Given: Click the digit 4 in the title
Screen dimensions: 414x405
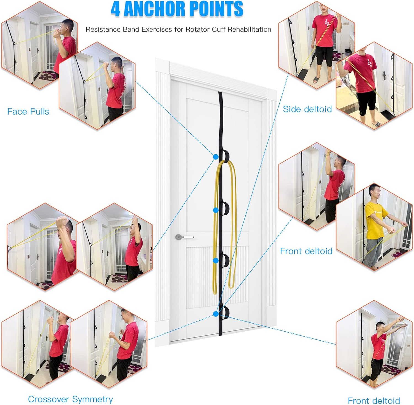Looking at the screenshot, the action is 115,9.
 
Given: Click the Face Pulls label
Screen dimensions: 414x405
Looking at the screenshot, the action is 28,112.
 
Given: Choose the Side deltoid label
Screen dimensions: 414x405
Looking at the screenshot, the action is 307,109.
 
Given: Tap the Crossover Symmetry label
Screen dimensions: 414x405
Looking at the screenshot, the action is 70,399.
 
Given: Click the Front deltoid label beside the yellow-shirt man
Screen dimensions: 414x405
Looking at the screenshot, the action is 306,251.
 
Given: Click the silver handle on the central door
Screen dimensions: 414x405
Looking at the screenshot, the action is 184,237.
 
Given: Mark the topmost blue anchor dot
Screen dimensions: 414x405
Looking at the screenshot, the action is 216,157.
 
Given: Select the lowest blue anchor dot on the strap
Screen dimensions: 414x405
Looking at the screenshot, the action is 216,314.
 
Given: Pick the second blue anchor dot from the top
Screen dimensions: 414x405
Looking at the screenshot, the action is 216,210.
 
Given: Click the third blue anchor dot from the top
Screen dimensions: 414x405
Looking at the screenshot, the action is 216,261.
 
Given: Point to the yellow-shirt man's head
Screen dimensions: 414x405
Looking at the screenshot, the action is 375,192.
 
